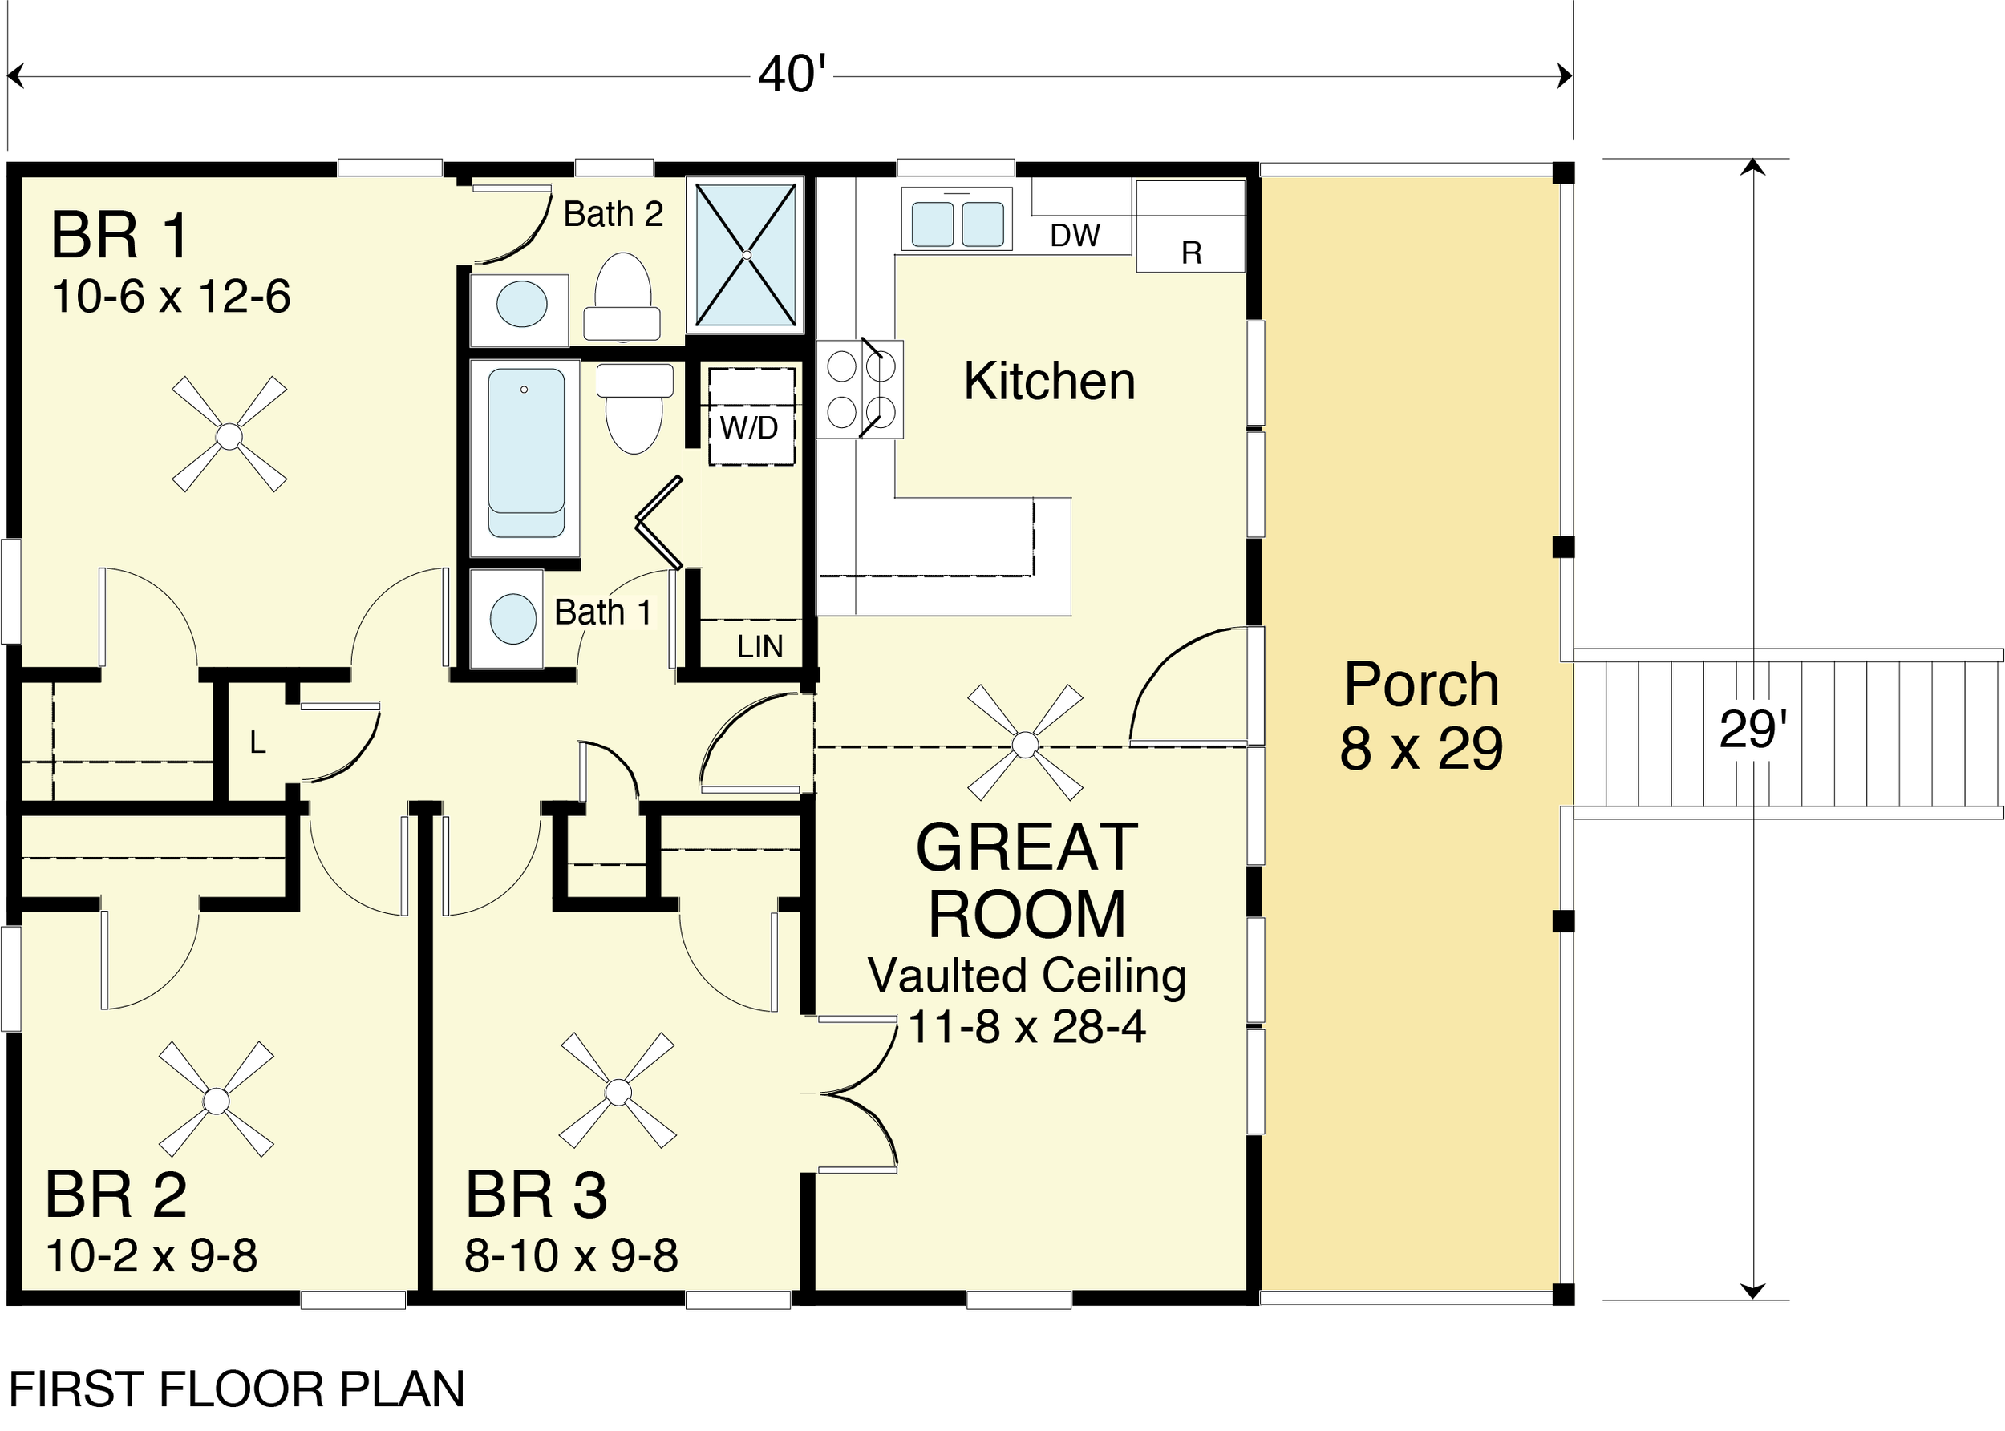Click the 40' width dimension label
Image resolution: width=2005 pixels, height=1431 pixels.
click(792, 74)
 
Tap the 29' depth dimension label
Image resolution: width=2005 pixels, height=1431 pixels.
click(1753, 729)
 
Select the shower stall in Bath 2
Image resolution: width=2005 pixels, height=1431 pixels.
click(746, 255)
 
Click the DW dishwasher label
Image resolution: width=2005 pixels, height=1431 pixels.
click(1075, 235)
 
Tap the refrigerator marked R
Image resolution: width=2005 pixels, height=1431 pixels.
click(1191, 226)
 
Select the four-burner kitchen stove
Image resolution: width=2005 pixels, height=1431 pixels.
click(861, 389)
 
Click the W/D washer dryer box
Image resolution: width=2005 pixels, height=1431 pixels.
click(751, 416)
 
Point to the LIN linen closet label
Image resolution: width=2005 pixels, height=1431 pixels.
click(759, 648)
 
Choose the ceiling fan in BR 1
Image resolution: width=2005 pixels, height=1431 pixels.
click(229, 435)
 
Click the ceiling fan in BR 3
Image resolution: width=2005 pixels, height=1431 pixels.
click(618, 1091)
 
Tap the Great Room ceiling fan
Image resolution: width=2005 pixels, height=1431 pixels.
click(1025, 743)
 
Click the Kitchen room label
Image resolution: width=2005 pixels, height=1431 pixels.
click(1049, 381)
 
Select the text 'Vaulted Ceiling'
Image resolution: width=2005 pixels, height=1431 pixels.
click(1027, 976)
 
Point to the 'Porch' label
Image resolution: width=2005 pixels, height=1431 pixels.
click(1420, 684)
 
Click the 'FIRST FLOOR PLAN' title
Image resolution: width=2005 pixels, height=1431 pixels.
click(237, 1389)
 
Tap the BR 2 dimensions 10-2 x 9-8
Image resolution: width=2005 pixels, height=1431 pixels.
click(152, 1255)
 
